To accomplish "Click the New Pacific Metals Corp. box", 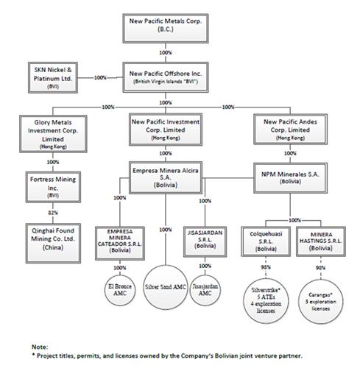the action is click(166, 28).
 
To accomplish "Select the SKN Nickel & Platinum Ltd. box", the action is click(53, 77).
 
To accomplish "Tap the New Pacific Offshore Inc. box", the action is click(166, 77).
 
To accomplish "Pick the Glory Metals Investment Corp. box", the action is click(53, 134).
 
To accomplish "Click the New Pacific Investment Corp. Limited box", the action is click(166, 130).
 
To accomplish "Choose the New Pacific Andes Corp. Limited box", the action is click(290, 129).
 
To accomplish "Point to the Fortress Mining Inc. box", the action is click(53, 187).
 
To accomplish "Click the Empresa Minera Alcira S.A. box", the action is click(166, 177).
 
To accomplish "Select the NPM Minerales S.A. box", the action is click(290, 178).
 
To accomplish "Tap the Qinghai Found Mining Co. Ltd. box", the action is click(53, 243).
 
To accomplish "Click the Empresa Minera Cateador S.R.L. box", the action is click(120, 243).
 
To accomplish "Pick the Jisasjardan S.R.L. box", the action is click(205, 241).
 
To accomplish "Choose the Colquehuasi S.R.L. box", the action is click(266, 241).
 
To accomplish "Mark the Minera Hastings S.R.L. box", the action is click(321, 241).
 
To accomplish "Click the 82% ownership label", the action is click(53, 213).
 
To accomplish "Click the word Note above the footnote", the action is click(40, 347).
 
